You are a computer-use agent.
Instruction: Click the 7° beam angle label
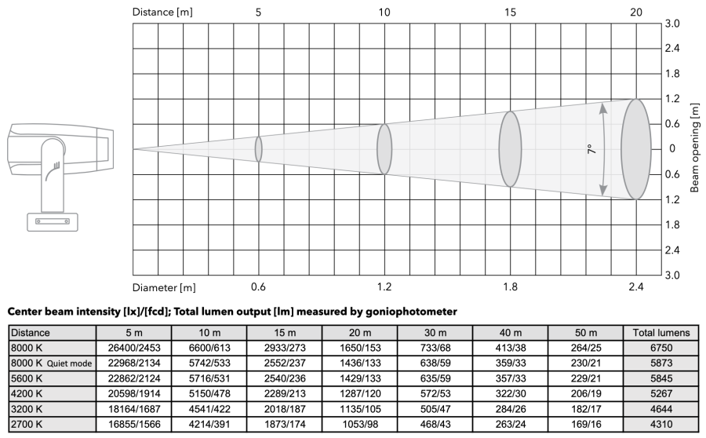point(591,149)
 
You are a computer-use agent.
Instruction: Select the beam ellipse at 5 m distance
point(258,149)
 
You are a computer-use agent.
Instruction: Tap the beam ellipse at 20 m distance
point(635,149)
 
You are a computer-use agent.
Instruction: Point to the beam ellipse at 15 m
point(510,149)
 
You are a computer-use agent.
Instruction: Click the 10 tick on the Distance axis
point(384,13)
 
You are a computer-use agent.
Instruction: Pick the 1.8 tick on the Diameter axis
point(510,287)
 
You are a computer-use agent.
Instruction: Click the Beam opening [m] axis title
point(695,148)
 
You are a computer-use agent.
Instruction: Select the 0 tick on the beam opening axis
point(672,148)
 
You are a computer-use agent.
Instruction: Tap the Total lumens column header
point(661,333)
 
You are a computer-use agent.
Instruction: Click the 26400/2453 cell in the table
point(133,348)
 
